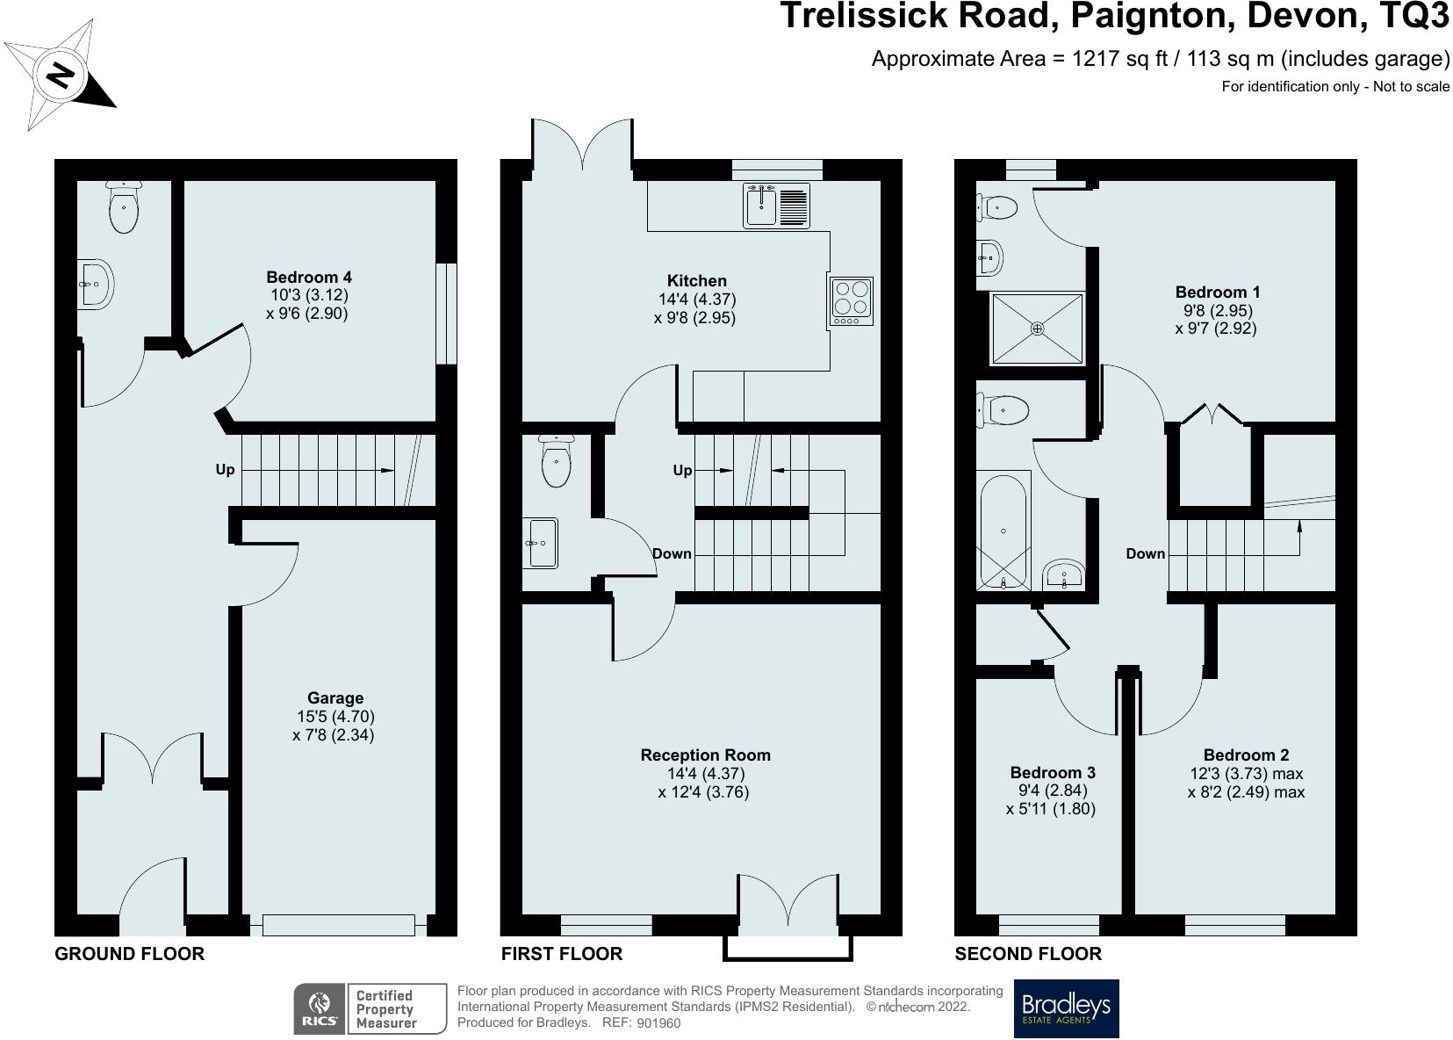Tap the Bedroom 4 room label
309,277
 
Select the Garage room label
334,698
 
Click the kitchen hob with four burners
851,301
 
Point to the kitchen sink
776,206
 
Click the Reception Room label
705,755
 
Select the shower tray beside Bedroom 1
1037,329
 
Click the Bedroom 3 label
1053,773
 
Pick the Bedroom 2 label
1246,755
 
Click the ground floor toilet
124,207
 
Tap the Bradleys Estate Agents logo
1066,1008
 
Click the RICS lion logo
320,1008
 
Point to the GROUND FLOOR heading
130,954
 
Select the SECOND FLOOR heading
1028,954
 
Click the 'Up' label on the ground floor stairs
225,470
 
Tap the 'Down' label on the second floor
1146,553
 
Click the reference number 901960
658,1024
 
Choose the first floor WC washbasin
540,542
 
